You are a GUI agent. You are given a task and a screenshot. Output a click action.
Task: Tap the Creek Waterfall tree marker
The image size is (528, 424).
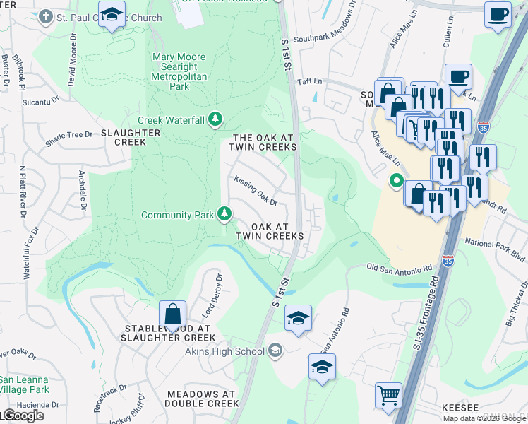[x=216, y=119]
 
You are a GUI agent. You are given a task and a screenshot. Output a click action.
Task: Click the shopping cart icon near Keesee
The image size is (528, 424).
[x=388, y=395]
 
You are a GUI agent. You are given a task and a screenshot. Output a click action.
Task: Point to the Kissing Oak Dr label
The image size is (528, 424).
[x=256, y=191]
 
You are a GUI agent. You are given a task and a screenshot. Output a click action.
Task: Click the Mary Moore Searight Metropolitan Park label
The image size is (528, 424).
[x=179, y=71]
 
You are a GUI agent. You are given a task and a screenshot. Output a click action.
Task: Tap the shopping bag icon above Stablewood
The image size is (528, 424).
[x=172, y=313]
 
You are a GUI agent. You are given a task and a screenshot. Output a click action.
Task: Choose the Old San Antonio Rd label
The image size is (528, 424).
[x=400, y=269]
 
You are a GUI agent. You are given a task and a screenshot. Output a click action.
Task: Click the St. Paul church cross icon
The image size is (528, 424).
[x=47, y=16]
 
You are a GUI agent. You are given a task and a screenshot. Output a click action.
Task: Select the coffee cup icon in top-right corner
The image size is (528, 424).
[x=498, y=14]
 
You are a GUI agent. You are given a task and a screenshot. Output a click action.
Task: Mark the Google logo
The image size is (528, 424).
[x=23, y=416]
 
